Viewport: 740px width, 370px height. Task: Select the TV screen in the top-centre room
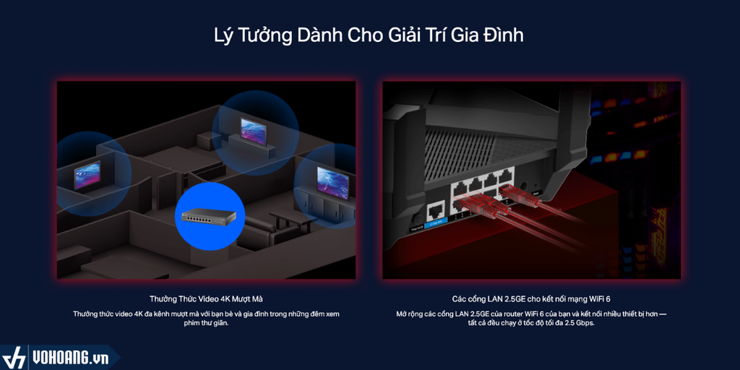click(253, 129)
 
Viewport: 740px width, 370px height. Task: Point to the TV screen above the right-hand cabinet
click(332, 182)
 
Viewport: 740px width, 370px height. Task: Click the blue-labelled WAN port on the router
click(436, 211)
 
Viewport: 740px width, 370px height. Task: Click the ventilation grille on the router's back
click(491, 145)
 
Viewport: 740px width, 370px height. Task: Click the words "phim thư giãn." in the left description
click(205, 323)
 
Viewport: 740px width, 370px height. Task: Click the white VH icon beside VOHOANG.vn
click(14, 358)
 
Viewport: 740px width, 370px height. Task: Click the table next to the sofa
click(293, 218)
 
